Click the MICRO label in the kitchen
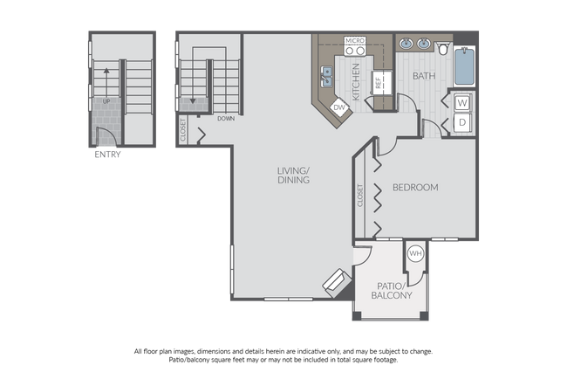(354, 40)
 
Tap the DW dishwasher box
(341, 108)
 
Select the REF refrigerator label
(378, 85)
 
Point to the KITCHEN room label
(356, 78)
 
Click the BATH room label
(425, 76)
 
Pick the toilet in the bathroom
(444, 47)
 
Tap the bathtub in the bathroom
(464, 65)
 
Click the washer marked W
(462, 102)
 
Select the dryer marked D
(462, 122)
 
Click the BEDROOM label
(414, 188)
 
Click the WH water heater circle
(415, 254)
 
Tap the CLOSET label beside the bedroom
(359, 195)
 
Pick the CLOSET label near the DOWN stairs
(182, 130)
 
